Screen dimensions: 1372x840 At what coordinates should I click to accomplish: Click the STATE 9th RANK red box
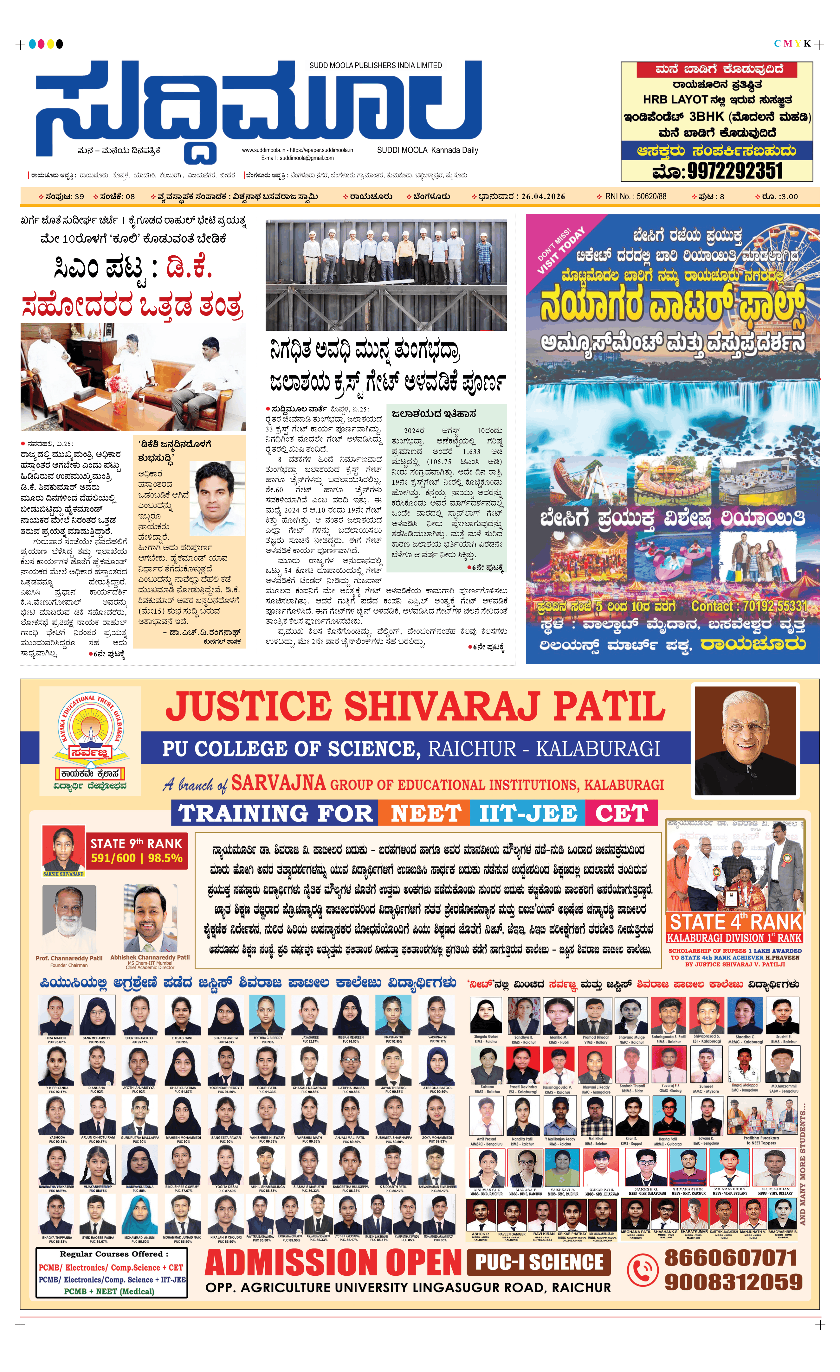pyautogui.click(x=137, y=851)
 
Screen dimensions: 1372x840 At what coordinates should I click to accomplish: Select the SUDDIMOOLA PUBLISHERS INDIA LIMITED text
pyautogui.click(x=375, y=66)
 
